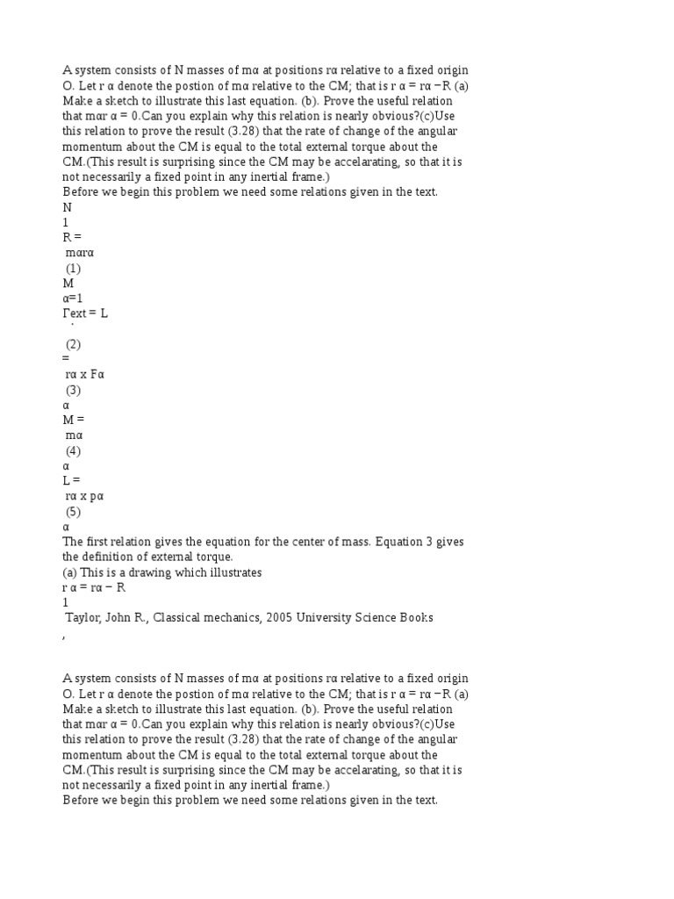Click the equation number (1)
(74, 269)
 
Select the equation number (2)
(74, 344)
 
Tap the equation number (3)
(74, 390)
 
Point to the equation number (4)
(74, 450)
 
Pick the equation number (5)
(74, 512)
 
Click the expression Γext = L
(85, 313)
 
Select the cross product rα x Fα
(85, 375)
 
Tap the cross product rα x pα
(85, 496)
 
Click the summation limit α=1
(73, 298)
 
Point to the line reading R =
(72, 238)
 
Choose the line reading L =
(71, 481)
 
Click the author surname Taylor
(84, 618)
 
